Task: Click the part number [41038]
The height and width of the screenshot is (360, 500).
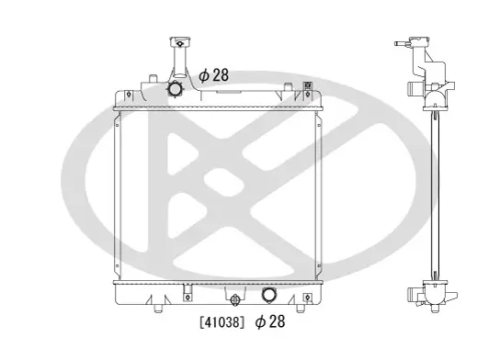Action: coord(222,323)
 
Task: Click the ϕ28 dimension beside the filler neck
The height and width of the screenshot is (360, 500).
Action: coord(214,75)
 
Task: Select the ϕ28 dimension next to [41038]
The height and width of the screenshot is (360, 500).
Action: coord(270,323)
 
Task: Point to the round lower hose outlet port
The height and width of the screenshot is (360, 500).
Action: coord(270,296)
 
